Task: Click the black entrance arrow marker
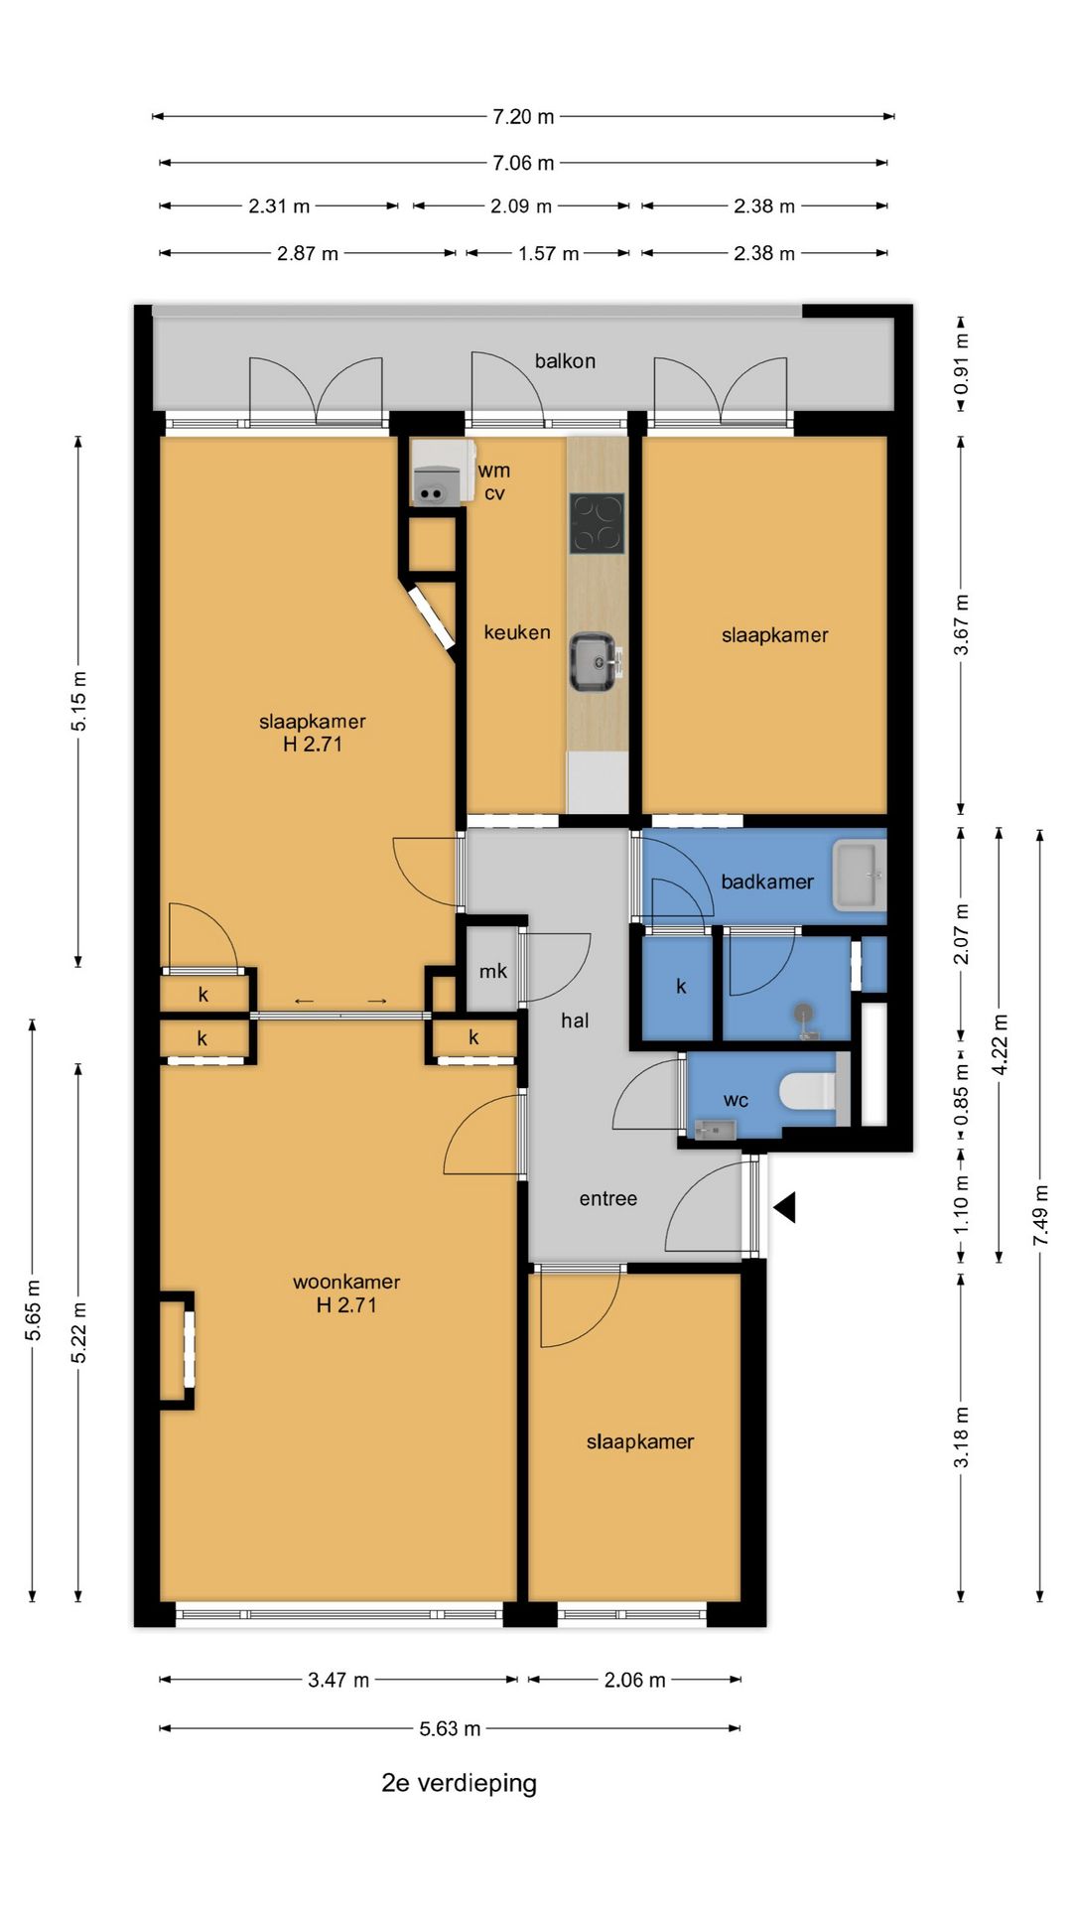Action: [x=786, y=1207]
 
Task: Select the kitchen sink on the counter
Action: [x=595, y=661]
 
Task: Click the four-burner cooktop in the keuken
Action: [x=597, y=523]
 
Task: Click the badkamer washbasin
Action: [x=859, y=876]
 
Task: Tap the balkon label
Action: [x=565, y=361]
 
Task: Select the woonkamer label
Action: [x=346, y=1282]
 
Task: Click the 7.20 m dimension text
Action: [x=523, y=117]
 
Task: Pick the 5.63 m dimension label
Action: [x=450, y=1728]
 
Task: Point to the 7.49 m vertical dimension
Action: [x=1040, y=1215]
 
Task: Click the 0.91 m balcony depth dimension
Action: [x=961, y=363]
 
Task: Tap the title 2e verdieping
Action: [x=460, y=1783]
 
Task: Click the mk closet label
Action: [x=493, y=971]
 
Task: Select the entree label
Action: [x=608, y=1199]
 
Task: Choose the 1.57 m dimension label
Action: [x=548, y=254]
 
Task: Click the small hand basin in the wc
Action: [x=715, y=1129]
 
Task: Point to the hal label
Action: [x=575, y=1021]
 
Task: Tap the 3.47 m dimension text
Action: [x=338, y=1680]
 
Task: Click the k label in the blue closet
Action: [x=681, y=986]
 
